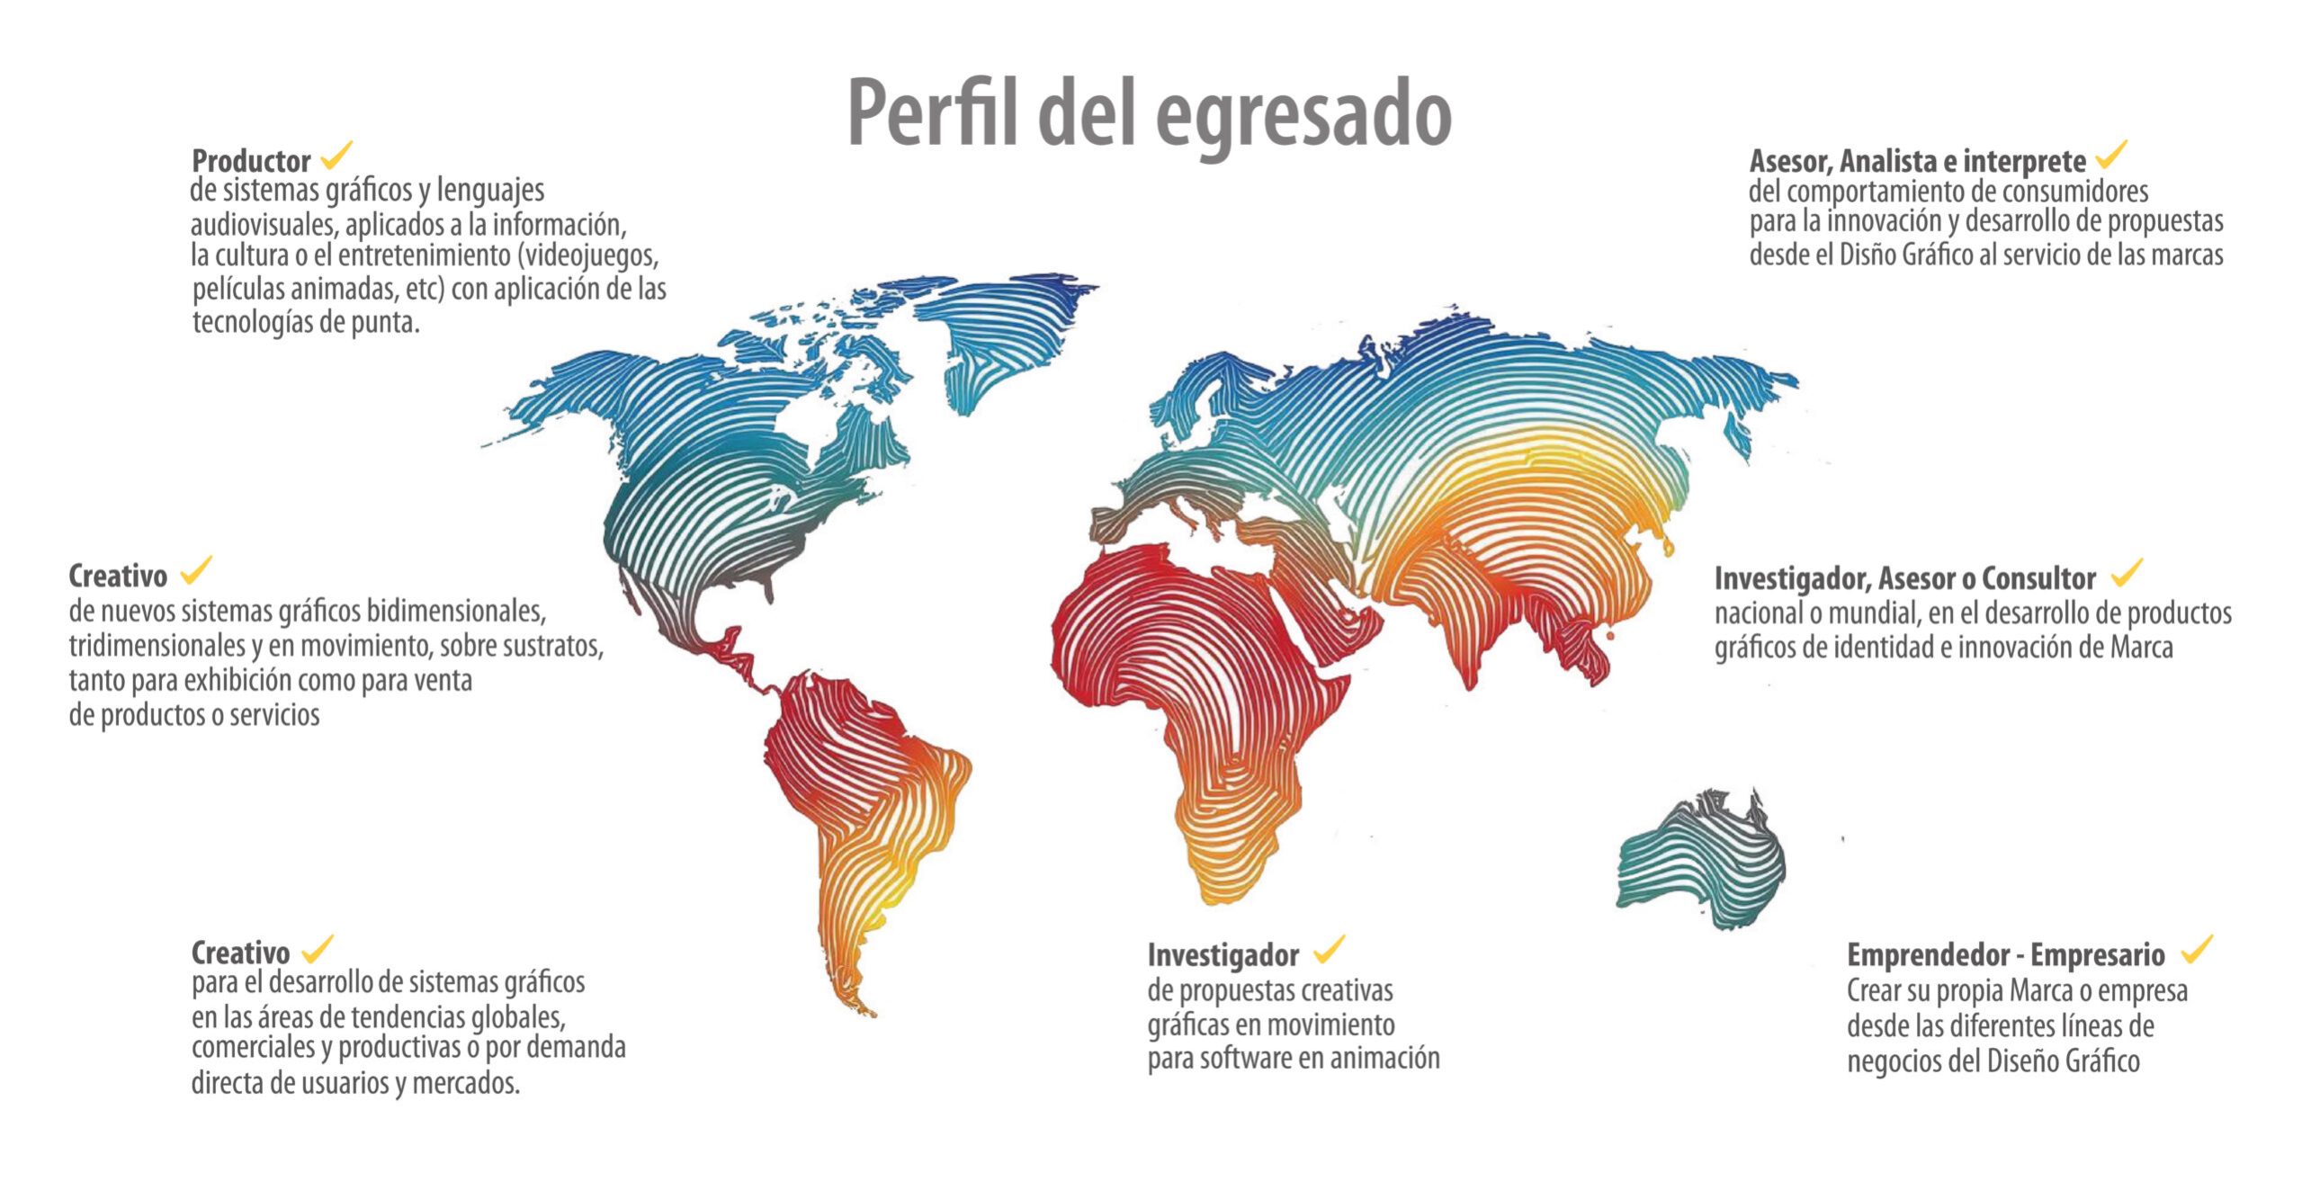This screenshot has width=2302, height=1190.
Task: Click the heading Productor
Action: (251, 161)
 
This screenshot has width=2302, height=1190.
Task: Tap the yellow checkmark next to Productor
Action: (336, 156)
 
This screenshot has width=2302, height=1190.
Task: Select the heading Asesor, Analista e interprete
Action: (1917, 161)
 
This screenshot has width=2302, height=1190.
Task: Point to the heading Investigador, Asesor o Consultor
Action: (1904, 577)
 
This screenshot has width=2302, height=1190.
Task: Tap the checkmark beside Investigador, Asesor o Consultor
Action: (2127, 572)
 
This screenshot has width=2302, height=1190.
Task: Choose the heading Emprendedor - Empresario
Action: (2005, 953)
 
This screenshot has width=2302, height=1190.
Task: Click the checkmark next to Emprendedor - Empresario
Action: (2196, 949)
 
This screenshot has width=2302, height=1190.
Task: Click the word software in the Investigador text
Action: (1245, 1059)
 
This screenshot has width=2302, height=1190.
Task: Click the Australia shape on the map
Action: (1699, 863)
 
